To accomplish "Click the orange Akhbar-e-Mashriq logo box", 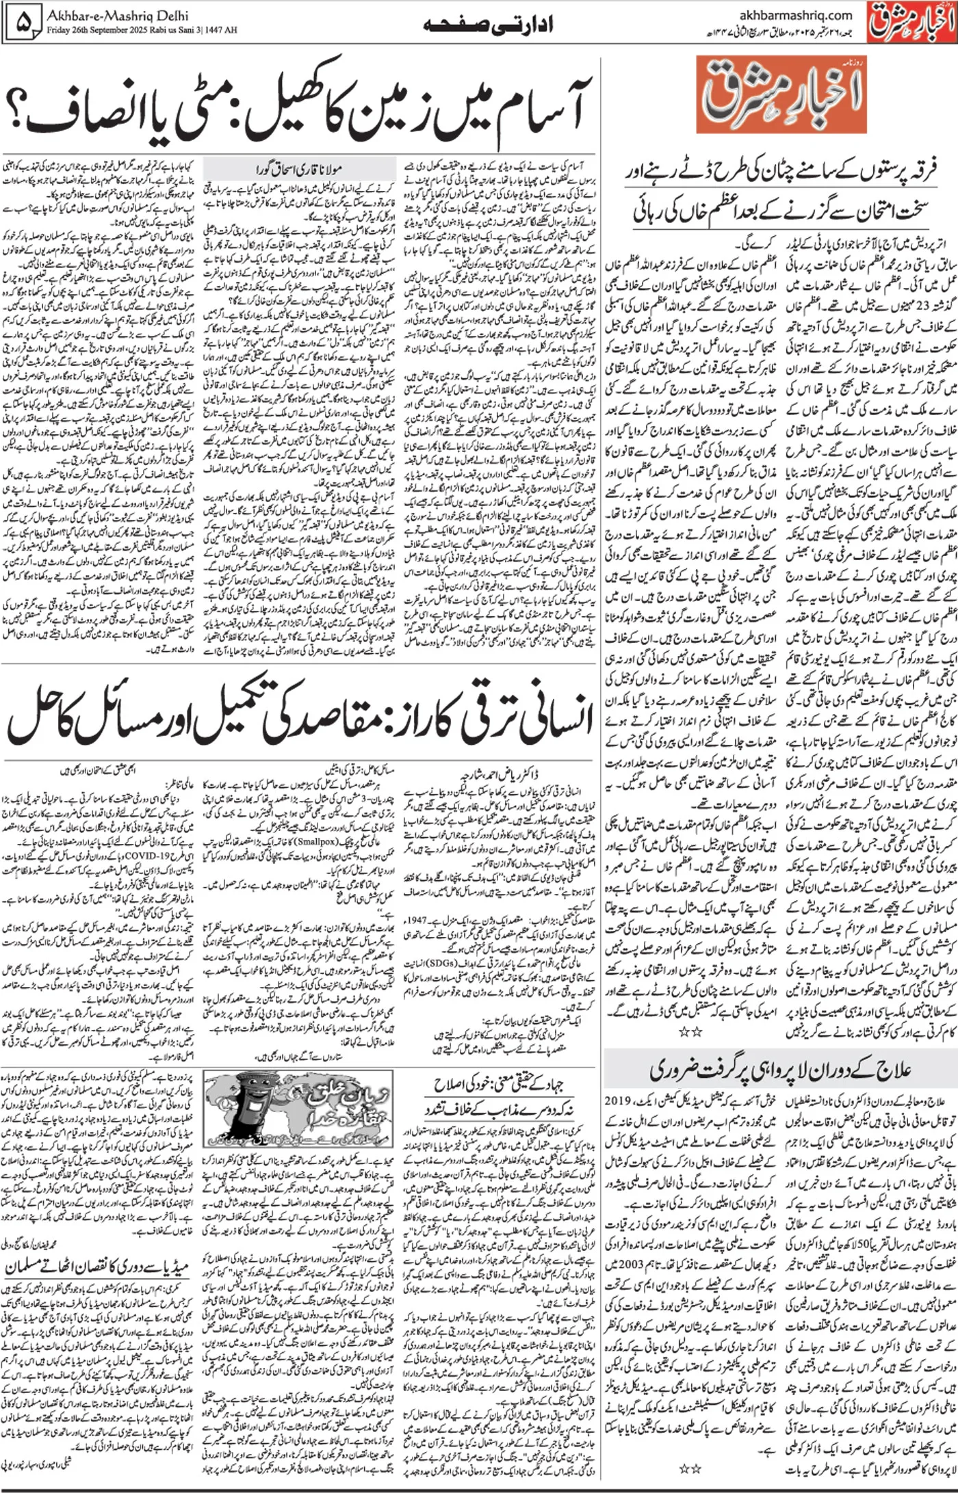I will [x=781, y=95].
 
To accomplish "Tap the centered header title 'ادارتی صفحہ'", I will [x=487, y=25].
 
